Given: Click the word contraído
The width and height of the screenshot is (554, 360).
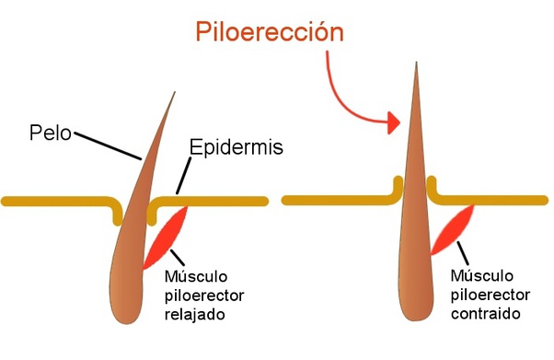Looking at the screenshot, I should click(487, 313).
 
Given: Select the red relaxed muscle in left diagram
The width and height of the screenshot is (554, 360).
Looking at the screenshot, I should click(167, 236).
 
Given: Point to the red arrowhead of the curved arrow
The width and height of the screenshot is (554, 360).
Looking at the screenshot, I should click(393, 122).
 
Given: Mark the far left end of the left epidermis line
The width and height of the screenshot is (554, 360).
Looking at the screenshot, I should click(6, 200).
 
